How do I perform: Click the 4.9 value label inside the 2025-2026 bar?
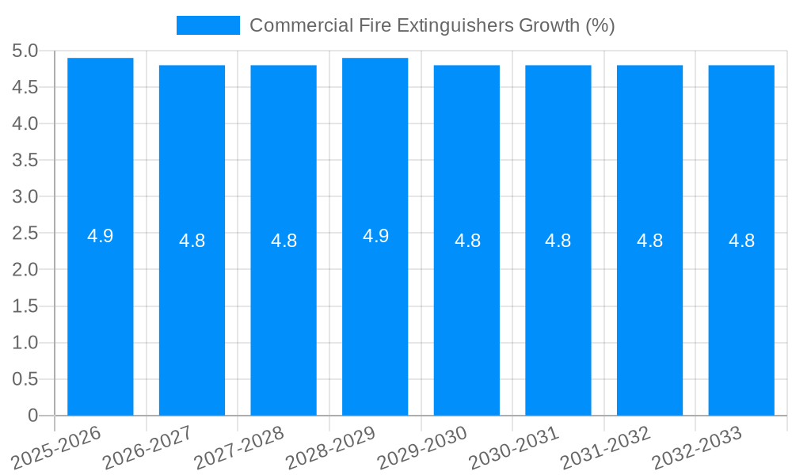101,236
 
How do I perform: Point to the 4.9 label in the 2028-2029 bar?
375,236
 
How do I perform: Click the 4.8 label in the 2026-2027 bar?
192,241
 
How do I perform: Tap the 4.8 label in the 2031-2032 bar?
650,241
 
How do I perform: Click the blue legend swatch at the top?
208,25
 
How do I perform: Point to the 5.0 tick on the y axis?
25,51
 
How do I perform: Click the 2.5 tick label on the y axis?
25,234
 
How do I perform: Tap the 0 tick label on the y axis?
32,416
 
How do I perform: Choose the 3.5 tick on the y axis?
25,161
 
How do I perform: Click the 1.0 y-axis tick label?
25,343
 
